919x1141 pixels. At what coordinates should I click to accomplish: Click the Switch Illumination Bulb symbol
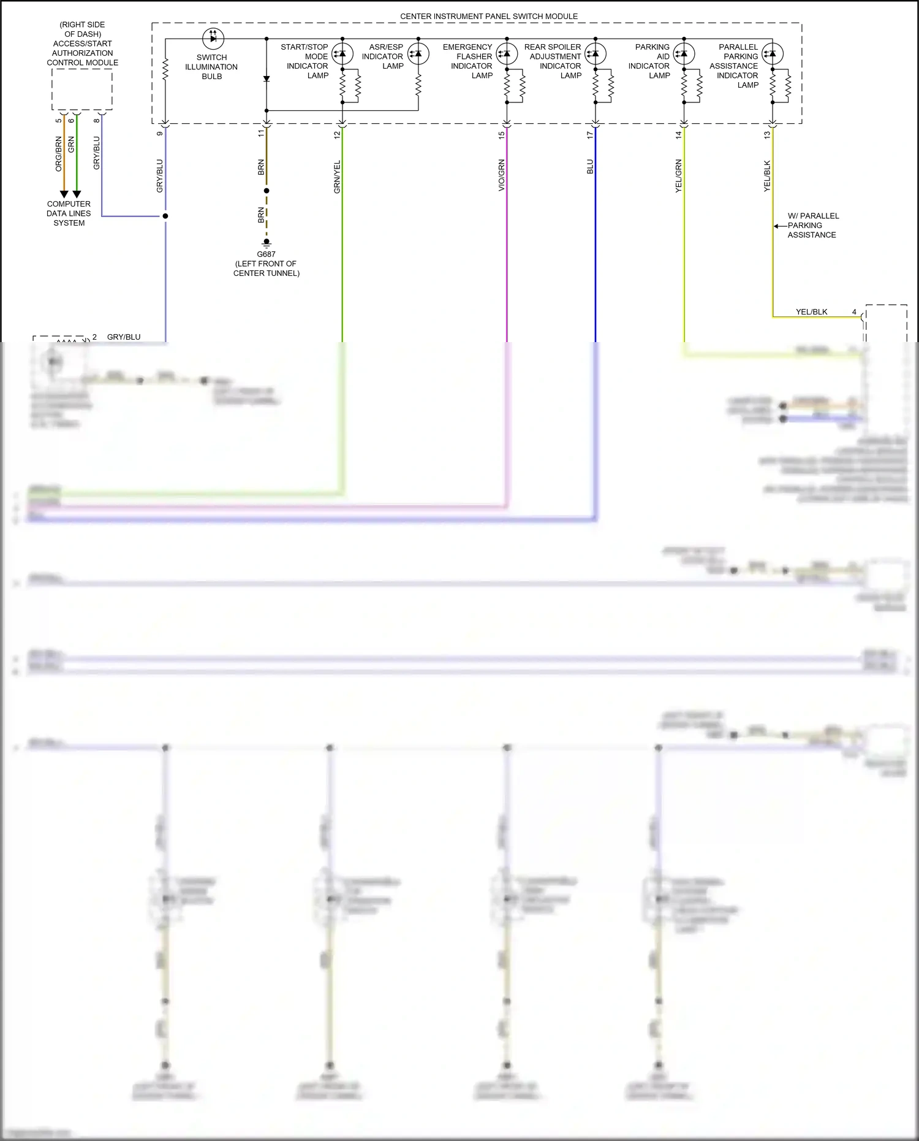tap(213, 39)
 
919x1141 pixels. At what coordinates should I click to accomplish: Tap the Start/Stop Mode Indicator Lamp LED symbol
tap(342, 54)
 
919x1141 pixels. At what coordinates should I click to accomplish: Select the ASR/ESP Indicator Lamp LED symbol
tap(418, 54)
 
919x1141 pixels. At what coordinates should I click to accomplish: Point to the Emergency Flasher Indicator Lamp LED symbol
tap(507, 54)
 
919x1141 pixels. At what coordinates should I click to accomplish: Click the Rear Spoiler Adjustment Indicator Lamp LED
tap(595, 54)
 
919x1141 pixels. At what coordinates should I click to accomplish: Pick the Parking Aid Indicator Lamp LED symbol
tap(684, 54)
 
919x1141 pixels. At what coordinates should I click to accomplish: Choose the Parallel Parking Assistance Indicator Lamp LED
tap(772, 54)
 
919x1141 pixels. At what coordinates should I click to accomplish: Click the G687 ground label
tap(266, 254)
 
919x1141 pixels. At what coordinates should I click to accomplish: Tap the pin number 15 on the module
tap(501, 135)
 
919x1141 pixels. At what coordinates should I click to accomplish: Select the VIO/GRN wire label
tap(501, 175)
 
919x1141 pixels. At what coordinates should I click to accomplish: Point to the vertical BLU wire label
tap(590, 167)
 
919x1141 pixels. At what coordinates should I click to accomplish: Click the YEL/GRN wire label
tap(678, 176)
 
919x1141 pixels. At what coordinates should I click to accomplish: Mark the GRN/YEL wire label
tap(337, 177)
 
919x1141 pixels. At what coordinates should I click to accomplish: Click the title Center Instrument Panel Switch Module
tap(488, 17)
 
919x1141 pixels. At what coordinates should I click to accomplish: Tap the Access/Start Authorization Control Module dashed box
tap(82, 90)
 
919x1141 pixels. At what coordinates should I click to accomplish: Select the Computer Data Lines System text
tap(69, 213)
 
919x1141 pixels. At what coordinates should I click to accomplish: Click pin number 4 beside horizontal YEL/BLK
tap(854, 312)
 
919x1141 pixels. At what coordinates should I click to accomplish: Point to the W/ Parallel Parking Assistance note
tap(812, 226)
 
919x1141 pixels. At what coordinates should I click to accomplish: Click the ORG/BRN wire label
tap(59, 154)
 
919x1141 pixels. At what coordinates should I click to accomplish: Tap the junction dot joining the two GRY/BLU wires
tap(165, 216)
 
